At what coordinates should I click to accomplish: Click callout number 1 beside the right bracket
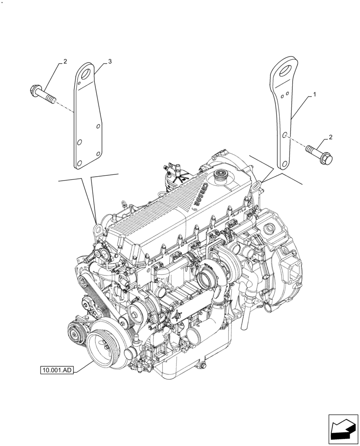315,95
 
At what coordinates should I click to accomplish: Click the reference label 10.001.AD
57,370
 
